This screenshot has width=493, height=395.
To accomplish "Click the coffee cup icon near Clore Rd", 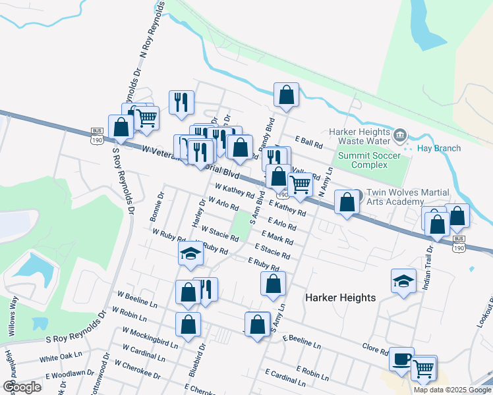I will (401, 359).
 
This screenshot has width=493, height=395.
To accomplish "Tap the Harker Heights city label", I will (340, 298).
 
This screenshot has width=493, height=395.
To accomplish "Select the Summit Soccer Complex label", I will (363, 160).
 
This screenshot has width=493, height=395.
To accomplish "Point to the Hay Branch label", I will (439, 148).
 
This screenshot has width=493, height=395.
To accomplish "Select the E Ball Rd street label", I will (308, 142).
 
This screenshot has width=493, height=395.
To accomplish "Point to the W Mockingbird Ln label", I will (151, 338).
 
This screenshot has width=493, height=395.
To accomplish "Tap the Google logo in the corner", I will (21, 387).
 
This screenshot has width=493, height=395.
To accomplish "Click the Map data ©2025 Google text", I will (451, 390).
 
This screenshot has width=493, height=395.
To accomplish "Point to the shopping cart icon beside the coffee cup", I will (424, 368).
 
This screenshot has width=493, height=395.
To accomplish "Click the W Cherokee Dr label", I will (137, 369).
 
